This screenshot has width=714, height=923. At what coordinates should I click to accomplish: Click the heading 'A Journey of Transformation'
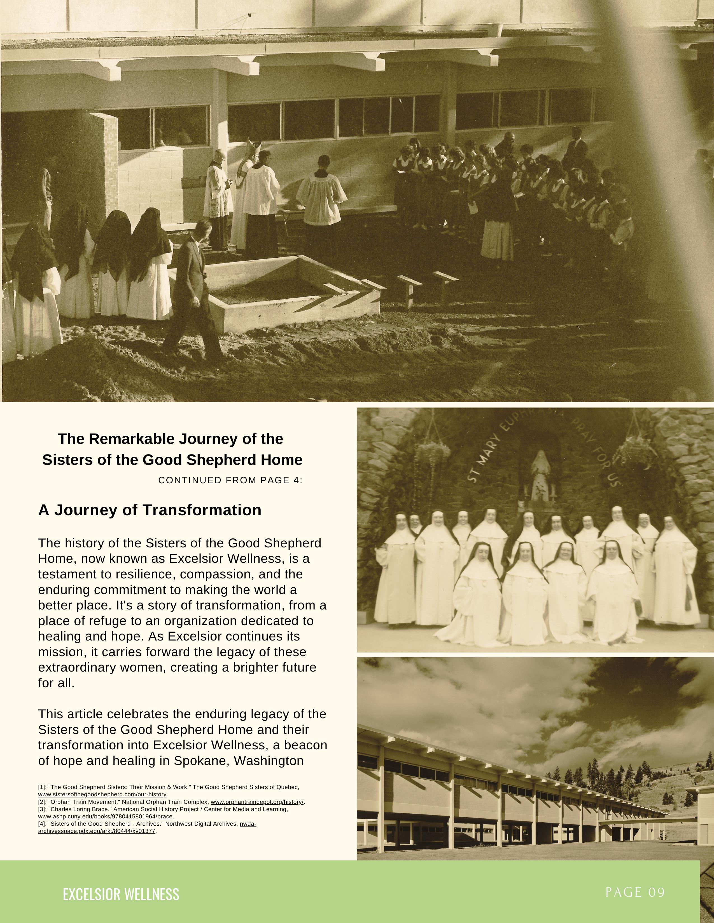tap(150, 510)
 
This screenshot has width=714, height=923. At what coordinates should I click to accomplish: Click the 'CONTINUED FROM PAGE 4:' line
tap(230, 481)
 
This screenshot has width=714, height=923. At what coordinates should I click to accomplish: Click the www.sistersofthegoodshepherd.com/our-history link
tap(102, 795)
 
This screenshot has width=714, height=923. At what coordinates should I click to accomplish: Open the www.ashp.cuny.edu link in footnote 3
tap(105, 816)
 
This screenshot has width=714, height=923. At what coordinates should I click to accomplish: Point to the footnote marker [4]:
tap(43, 824)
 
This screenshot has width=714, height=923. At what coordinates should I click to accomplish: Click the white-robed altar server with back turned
tap(321, 194)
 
